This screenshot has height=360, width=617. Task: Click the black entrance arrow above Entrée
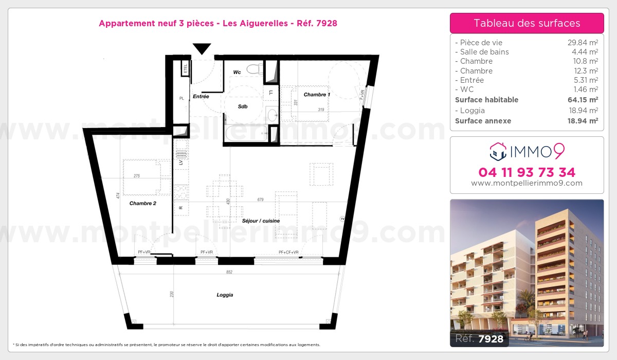202,49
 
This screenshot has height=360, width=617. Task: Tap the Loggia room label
225,295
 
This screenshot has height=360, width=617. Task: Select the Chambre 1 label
317,95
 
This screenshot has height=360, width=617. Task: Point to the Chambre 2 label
142,203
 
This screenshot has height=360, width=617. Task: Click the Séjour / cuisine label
261,221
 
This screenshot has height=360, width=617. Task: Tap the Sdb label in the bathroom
243,106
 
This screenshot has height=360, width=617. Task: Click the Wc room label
237,73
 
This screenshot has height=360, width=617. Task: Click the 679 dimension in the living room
260,200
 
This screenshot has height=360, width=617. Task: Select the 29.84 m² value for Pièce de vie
582,43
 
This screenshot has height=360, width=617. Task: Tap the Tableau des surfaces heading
527,23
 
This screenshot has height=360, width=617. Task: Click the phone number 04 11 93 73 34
527,172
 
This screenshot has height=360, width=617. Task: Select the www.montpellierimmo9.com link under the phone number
527,183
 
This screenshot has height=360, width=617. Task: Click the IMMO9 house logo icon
497,151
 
